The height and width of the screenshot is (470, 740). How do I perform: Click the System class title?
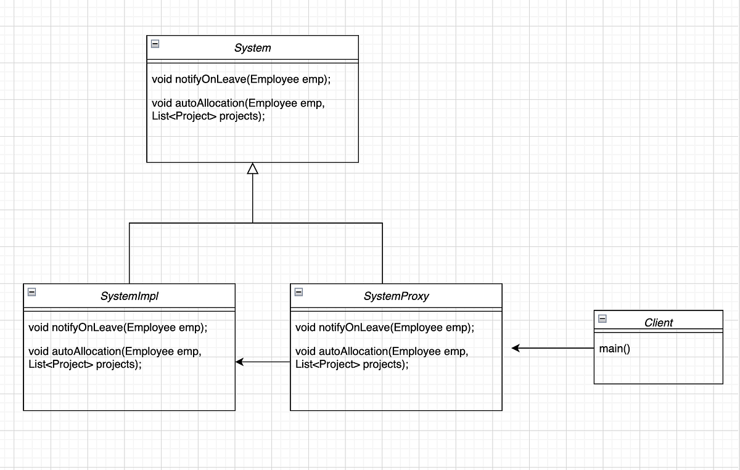point(252,47)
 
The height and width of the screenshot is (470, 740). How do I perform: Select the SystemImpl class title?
point(129,296)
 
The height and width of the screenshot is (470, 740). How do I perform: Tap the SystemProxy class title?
point(396,296)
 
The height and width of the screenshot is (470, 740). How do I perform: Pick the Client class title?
point(658,322)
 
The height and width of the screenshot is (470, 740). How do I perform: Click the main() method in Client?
point(614,349)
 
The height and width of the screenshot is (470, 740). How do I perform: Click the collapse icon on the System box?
point(155,44)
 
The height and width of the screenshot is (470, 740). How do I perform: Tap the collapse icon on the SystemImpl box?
point(32,292)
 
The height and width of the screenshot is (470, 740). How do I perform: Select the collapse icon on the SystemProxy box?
point(299,292)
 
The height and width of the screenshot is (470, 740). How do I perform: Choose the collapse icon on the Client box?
point(602,318)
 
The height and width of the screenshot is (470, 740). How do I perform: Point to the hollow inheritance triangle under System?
point(252,168)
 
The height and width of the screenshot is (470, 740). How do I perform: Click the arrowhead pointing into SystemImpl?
point(240,362)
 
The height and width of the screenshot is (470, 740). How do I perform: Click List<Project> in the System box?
point(184,115)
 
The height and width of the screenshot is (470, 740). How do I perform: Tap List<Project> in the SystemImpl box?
point(60,364)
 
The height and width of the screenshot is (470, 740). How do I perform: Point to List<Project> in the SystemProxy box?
point(327,364)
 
